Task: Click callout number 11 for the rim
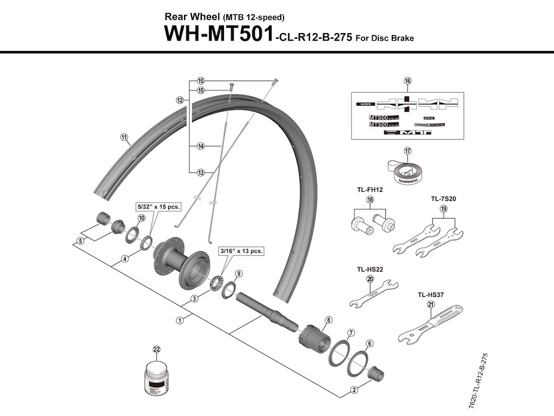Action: (124, 137)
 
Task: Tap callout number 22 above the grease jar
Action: (157, 349)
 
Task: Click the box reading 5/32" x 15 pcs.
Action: (157, 206)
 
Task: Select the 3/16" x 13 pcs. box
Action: (241, 251)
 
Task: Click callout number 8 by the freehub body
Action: (327, 320)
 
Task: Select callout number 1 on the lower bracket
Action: (180, 320)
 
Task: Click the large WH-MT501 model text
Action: (219, 34)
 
